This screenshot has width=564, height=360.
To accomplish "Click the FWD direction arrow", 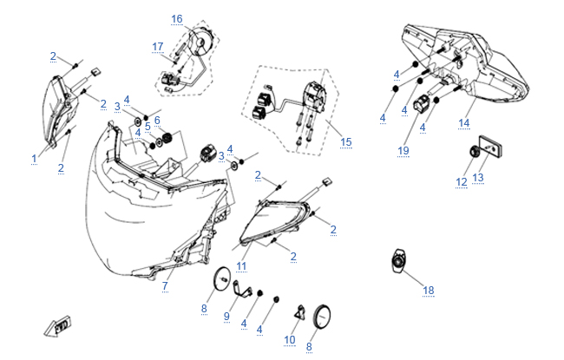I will (x=56, y=327).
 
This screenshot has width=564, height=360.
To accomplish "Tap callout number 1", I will (x=34, y=159).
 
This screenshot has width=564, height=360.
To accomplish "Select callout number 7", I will (x=165, y=285).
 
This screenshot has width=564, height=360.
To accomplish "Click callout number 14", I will (x=463, y=124).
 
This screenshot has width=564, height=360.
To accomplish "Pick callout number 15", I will (x=347, y=141).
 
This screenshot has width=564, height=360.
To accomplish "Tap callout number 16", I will (x=177, y=19).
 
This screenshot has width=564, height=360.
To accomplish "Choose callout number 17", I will (x=157, y=46).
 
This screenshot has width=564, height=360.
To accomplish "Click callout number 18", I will (x=428, y=290).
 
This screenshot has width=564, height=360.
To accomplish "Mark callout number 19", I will (x=403, y=150).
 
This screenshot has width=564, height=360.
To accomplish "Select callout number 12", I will (x=462, y=182).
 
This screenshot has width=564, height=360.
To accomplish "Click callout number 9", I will (x=226, y=316).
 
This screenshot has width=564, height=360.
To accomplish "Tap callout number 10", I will (x=291, y=339).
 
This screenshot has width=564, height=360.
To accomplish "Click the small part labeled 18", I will (x=399, y=260).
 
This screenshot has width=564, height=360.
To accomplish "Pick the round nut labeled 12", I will (x=475, y=154).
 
